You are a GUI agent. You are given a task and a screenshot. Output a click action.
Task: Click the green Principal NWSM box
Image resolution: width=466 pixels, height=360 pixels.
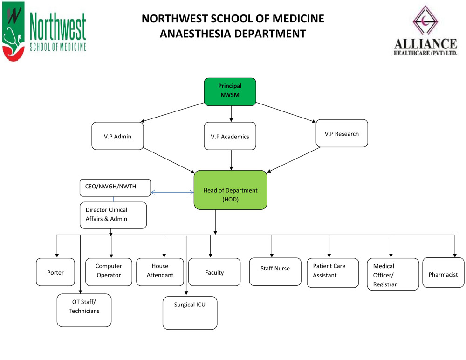[230, 91]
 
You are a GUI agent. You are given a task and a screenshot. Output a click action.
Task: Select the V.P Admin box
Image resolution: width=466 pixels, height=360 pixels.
[117, 136]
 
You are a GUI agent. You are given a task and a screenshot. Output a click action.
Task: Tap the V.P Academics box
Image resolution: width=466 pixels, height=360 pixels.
[230, 136]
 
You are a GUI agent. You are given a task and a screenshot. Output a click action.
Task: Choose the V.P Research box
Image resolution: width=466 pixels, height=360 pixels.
[342, 133]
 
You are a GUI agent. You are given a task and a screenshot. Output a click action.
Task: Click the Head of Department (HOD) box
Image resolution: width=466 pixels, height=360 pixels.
[230, 190]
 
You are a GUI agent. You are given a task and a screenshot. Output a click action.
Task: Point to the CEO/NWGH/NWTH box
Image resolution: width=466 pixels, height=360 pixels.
[115, 187]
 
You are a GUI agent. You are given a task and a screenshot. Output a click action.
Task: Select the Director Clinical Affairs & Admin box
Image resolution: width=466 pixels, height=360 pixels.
[113, 215]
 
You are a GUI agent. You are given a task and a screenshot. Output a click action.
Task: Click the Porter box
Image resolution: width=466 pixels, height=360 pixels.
[55, 272]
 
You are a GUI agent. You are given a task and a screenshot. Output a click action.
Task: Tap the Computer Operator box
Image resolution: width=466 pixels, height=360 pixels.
[109, 271]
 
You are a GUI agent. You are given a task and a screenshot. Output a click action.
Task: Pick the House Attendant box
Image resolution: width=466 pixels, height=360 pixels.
[160, 271]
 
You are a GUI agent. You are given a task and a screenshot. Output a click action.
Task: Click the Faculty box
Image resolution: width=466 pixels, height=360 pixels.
[214, 272]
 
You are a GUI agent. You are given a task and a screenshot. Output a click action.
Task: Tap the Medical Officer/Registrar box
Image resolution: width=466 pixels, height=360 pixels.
[393, 274]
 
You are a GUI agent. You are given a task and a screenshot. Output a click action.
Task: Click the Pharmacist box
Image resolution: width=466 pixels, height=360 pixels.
[443, 272]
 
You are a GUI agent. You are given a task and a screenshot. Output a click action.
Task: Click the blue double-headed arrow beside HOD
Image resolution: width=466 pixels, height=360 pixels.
[172, 192]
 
